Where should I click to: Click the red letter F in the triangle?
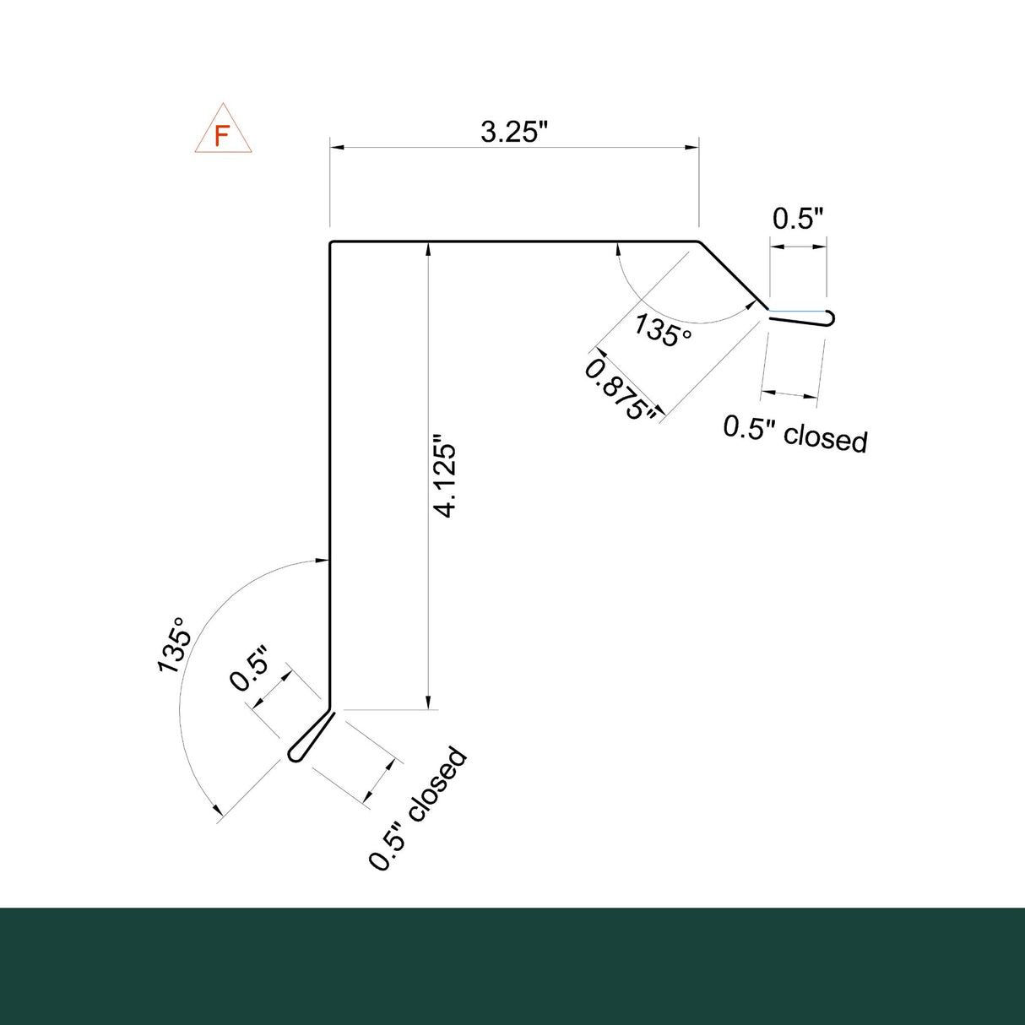222,136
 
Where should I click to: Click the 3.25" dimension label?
515,133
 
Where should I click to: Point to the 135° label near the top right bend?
663,330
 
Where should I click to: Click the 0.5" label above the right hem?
798,219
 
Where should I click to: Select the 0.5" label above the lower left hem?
250,669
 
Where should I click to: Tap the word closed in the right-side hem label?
825,437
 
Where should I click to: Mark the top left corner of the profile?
331,243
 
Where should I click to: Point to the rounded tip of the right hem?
832,318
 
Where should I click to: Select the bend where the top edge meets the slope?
699,242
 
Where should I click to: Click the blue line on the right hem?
797,311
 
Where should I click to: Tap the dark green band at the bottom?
512,966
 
